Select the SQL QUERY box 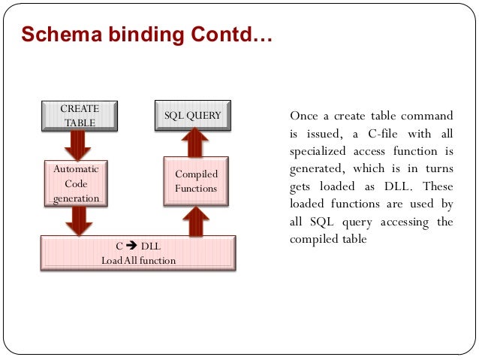click(193, 115)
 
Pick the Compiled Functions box click(195, 181)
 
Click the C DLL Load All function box click(138, 253)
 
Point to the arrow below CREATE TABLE click(77, 144)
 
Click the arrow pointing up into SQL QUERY click(195, 143)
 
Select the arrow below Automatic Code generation click(77, 219)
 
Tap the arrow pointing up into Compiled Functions click(195, 219)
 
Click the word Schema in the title click(54, 34)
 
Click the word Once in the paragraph click(304, 116)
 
